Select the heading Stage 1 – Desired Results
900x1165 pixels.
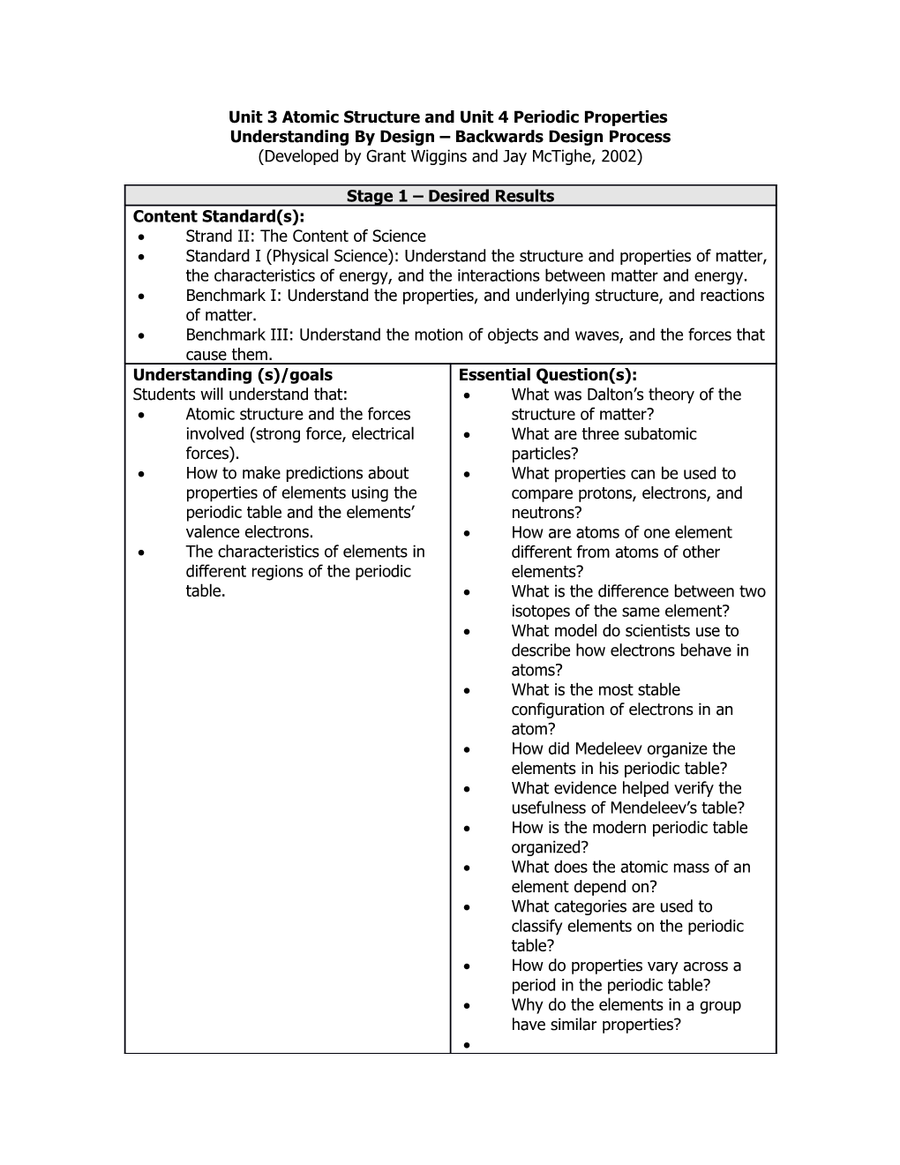coord(450,196)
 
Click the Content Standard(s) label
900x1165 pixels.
coord(218,216)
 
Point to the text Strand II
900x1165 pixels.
coord(220,237)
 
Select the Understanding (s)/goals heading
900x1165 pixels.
coord(233,375)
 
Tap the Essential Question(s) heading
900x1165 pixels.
coord(548,375)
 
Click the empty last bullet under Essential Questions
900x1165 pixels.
coord(467,1045)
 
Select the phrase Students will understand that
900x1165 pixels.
coord(240,395)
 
